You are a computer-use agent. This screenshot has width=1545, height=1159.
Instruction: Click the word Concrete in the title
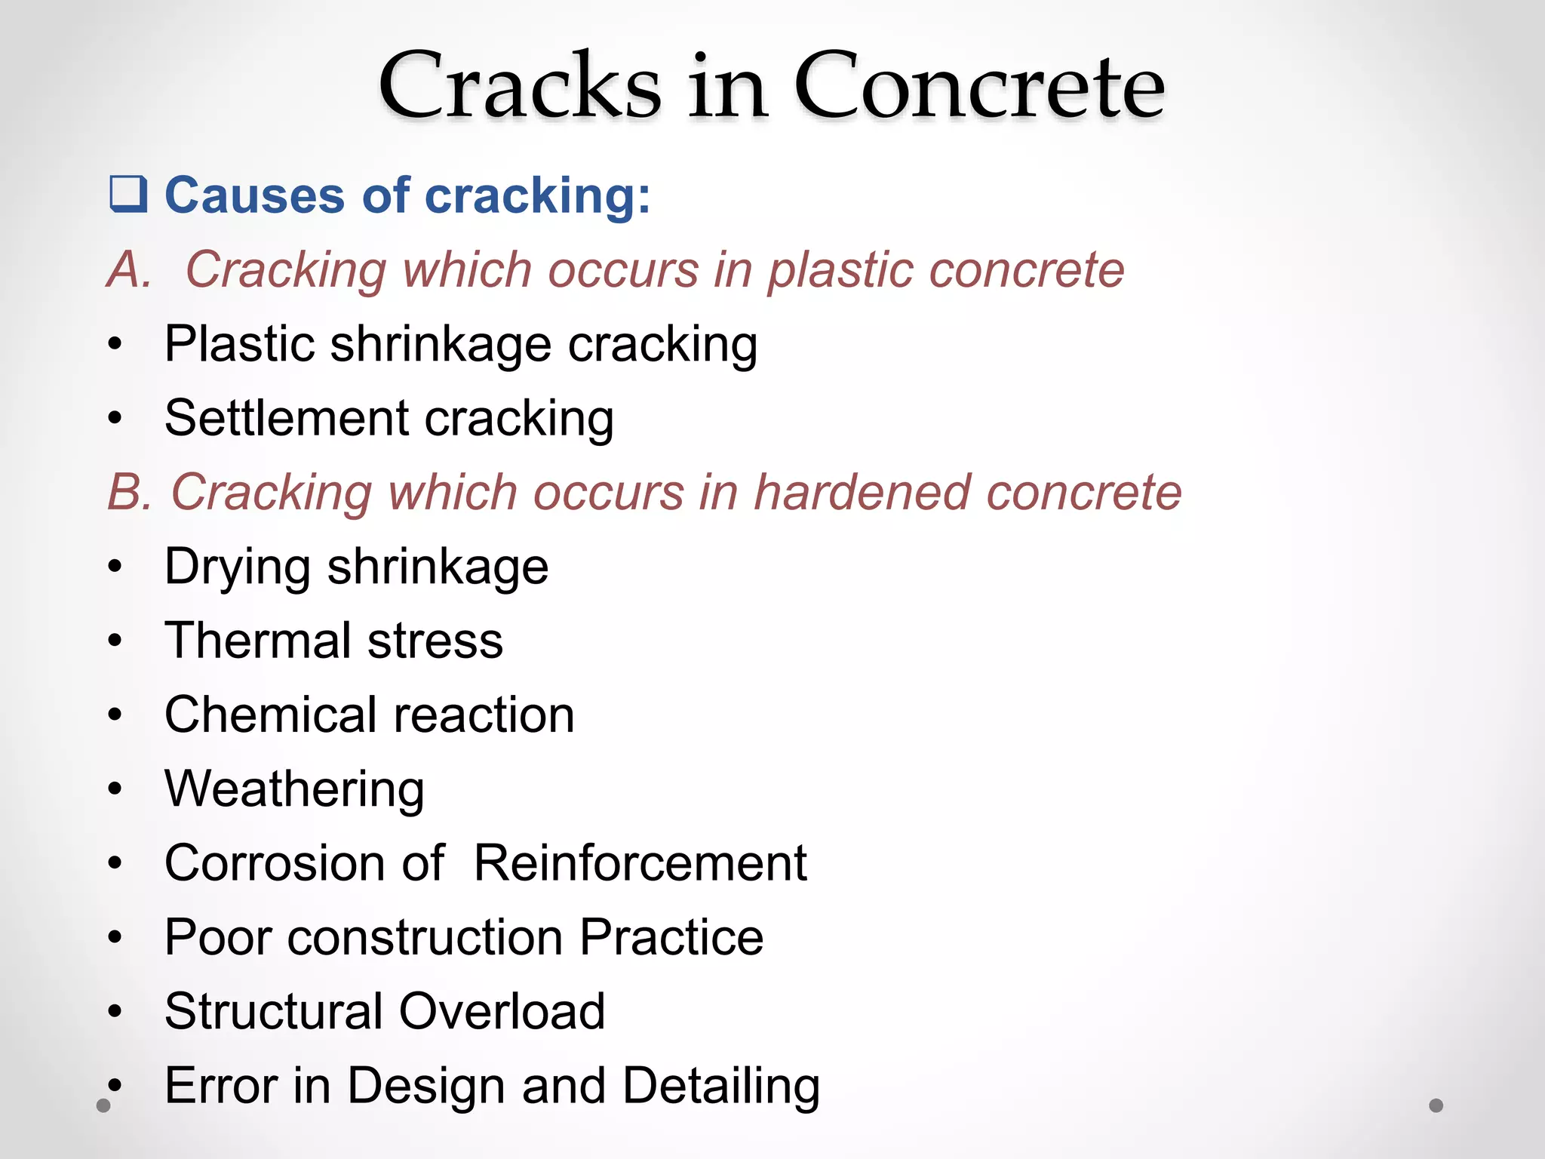point(979,87)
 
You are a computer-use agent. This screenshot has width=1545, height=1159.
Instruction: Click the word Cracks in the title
point(520,87)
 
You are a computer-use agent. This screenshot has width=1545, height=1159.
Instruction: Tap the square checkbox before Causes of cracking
point(127,194)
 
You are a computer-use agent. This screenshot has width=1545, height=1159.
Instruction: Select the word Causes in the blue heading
point(255,195)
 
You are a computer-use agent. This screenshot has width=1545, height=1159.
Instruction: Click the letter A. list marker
point(129,269)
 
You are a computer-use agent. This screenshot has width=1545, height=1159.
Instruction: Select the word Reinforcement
point(640,862)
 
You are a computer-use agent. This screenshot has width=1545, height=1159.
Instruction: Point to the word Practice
point(671,937)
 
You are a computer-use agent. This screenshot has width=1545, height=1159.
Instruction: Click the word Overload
point(502,1011)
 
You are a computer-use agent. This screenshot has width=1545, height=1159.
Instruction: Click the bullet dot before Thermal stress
point(115,641)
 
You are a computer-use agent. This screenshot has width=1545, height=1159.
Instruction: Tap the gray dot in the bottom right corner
point(1436,1105)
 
